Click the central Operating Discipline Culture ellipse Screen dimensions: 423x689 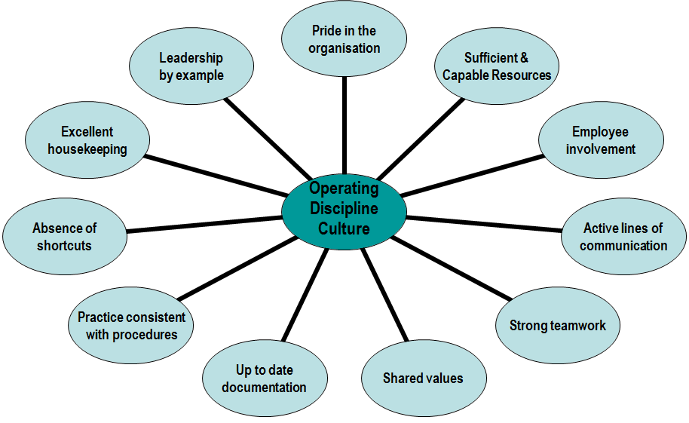pyautogui.click(x=344, y=207)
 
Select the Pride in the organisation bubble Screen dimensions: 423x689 pyautogui.click(x=344, y=39)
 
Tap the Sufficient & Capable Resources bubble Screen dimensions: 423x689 pyautogui.click(x=497, y=67)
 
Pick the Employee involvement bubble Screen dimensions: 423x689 pyautogui.click(x=601, y=140)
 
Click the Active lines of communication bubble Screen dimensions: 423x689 pyautogui.click(x=623, y=237)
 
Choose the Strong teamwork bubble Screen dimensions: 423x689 pyautogui.click(x=558, y=326)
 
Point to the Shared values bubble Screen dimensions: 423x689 pyautogui.click(x=423, y=378)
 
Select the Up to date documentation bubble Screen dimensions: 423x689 pyautogui.click(x=265, y=379)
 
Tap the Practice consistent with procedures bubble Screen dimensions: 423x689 pyautogui.click(x=132, y=325)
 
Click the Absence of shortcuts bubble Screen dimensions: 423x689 pyautogui.click(x=65, y=237)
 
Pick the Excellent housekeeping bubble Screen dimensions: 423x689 pyautogui.click(x=87, y=140)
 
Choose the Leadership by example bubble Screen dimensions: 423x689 pyautogui.click(x=191, y=66)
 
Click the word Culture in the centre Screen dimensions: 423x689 pyautogui.click(x=344, y=228)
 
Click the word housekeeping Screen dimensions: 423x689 pyautogui.click(x=87, y=149)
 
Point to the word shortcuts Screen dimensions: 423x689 pyautogui.click(x=65, y=246)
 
